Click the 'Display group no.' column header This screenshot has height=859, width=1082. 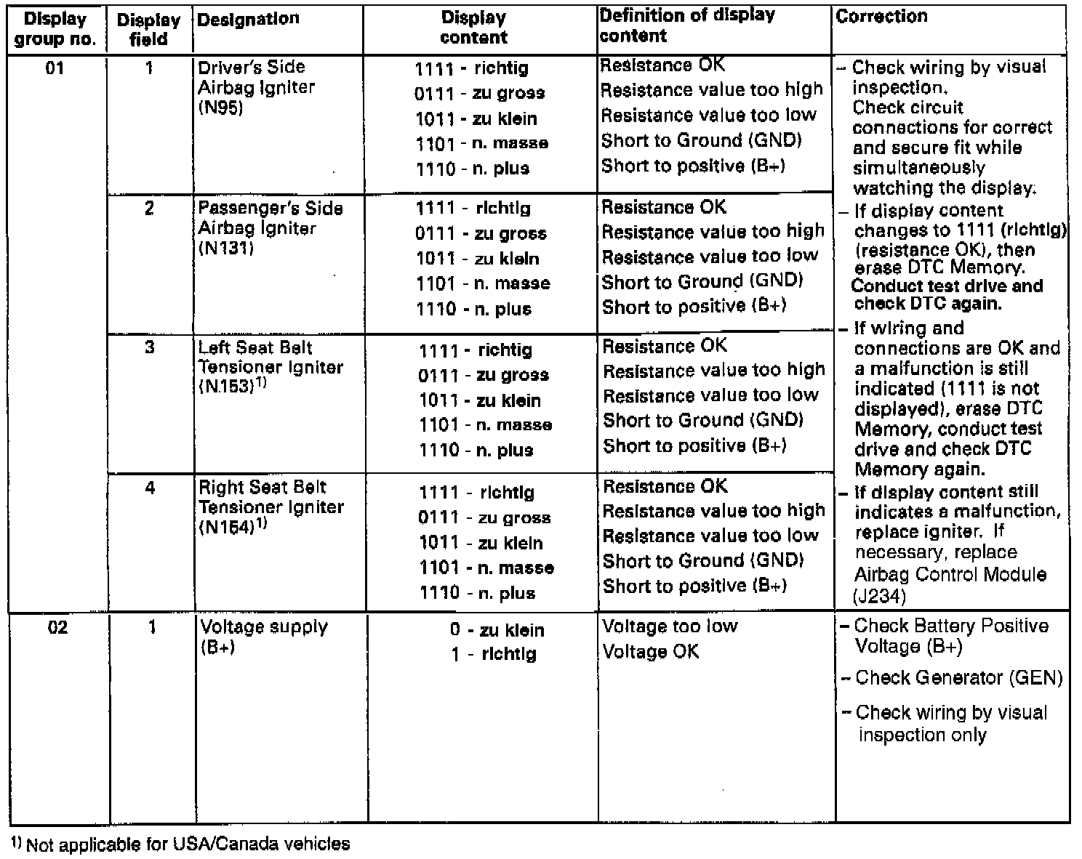click(x=55, y=29)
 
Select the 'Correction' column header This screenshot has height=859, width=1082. click(x=881, y=16)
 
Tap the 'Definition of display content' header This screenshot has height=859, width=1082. click(x=687, y=25)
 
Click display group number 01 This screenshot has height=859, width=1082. click(x=55, y=69)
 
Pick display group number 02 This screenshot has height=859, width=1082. click(x=57, y=626)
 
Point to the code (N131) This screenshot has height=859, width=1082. click(x=225, y=249)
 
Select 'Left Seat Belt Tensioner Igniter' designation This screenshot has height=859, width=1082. click(x=270, y=358)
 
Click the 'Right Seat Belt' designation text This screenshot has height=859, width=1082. click(x=263, y=487)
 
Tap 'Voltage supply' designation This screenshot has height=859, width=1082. click(x=264, y=627)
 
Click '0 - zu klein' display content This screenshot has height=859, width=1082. click(x=497, y=630)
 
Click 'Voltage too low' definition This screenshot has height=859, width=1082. click(x=670, y=626)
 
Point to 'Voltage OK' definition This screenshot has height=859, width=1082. click(x=651, y=652)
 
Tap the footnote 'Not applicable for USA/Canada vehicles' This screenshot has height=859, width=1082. click(x=188, y=844)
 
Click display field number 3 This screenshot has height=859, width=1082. click(x=149, y=347)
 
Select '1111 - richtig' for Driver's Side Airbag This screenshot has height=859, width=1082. click(x=471, y=69)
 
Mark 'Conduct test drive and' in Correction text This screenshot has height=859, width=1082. click(x=947, y=286)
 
